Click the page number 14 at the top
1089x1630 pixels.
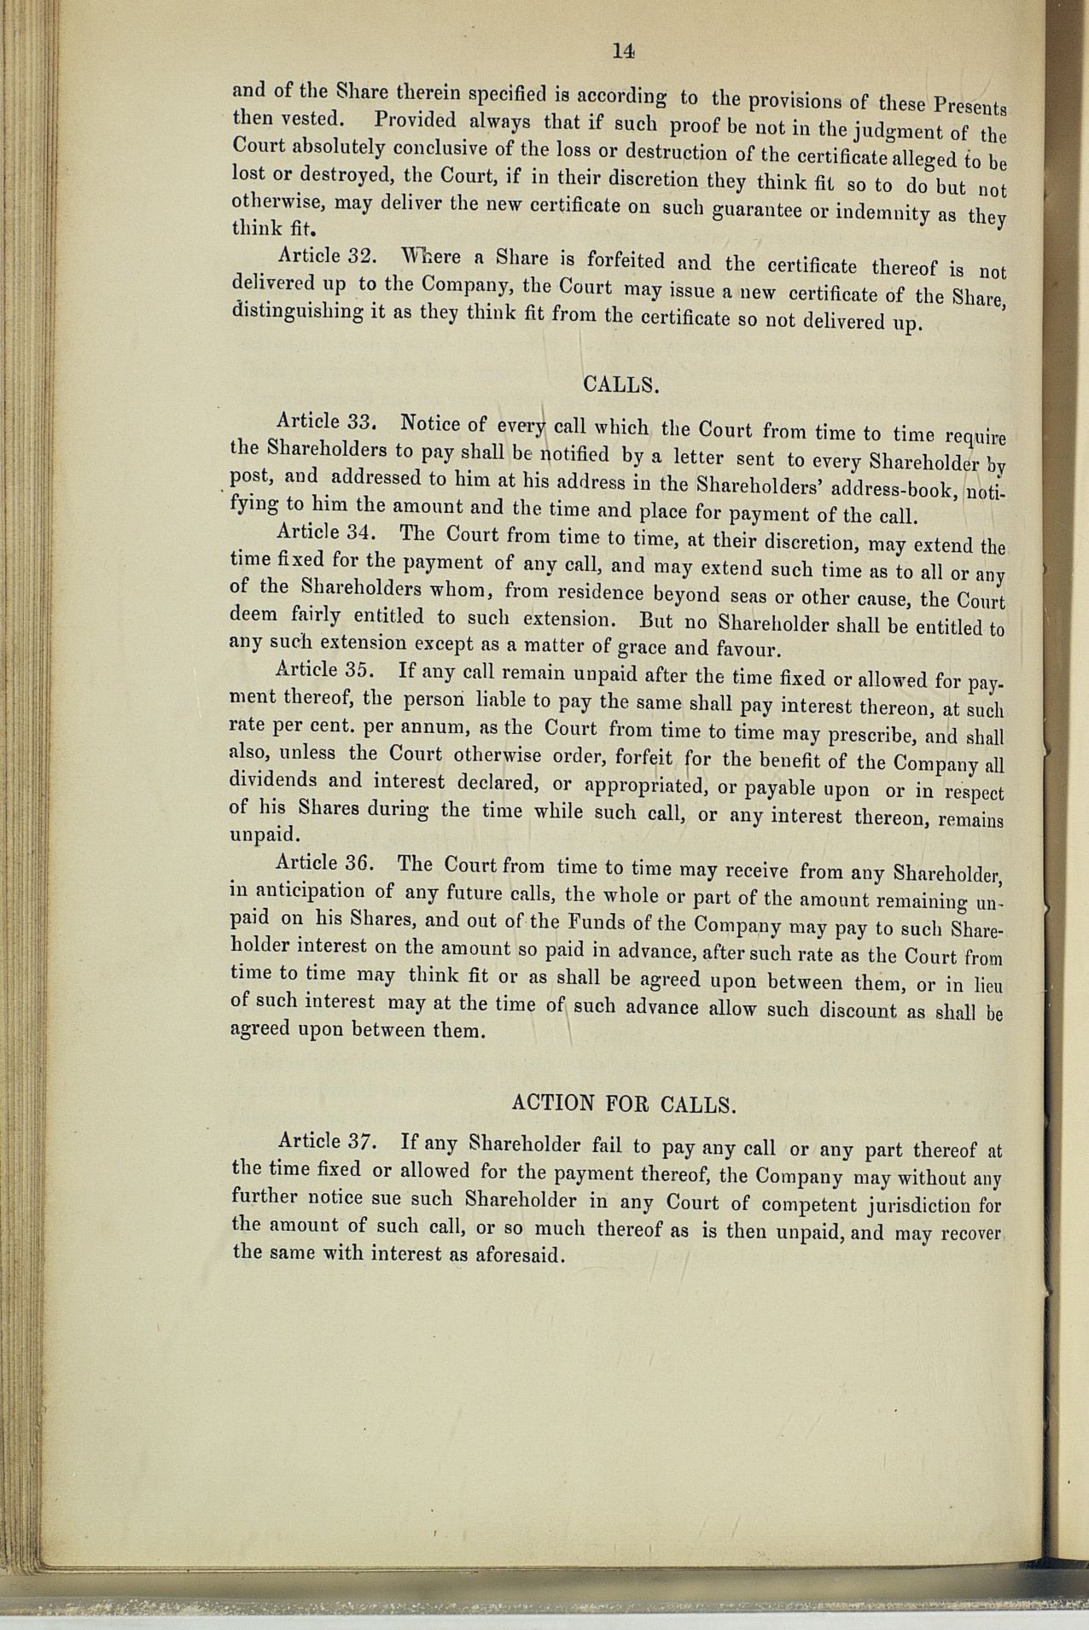click(x=624, y=51)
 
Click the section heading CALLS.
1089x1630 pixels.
click(x=621, y=384)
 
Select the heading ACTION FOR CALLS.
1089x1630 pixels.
click(x=623, y=1103)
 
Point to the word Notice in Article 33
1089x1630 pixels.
click(x=431, y=422)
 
